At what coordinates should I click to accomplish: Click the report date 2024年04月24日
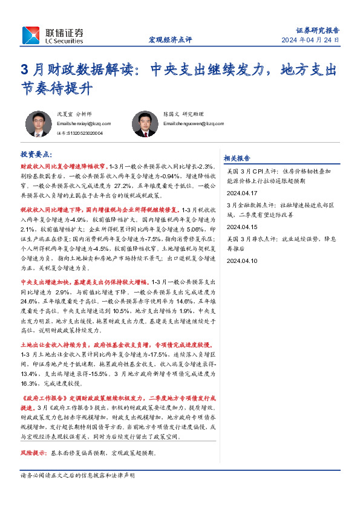click(310, 41)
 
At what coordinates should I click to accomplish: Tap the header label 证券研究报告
click(317, 30)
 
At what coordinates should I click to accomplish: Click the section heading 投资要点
click(36, 155)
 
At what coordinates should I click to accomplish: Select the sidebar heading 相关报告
click(237, 158)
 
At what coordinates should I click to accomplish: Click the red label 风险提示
click(34, 452)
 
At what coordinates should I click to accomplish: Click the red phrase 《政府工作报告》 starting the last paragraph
click(42, 400)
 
